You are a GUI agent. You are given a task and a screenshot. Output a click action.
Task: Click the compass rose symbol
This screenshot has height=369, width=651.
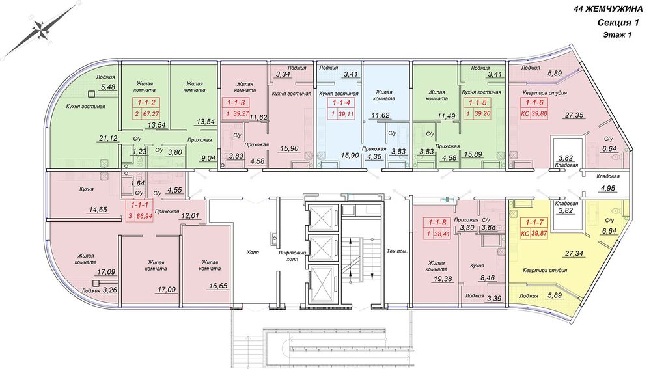tap(40, 30)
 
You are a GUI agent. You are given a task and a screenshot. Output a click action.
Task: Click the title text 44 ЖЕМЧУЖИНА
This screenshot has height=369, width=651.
tap(608, 9)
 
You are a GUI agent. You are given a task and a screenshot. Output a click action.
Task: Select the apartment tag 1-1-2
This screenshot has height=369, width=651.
tap(146, 108)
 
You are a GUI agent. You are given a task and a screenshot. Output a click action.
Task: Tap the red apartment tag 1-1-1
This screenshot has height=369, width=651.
tap(139, 210)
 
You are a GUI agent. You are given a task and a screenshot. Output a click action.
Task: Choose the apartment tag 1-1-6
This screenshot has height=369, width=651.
tap(534, 108)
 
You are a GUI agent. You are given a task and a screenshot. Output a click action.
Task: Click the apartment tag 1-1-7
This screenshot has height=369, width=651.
tap(534, 228)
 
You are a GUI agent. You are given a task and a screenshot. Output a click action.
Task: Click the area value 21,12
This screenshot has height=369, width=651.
tap(108, 139)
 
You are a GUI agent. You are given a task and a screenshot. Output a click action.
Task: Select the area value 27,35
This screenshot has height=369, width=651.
tap(574, 115)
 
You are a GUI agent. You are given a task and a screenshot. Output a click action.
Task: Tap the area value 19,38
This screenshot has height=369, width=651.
tap(443, 279)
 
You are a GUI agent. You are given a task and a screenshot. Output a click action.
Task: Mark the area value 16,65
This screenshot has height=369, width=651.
tap(217, 286)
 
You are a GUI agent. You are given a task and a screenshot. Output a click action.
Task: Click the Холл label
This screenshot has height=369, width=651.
tap(253, 253)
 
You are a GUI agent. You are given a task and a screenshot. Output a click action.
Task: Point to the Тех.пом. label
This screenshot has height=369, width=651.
tap(397, 251)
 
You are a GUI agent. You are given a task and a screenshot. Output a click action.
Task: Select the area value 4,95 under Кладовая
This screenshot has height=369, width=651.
tap(608, 189)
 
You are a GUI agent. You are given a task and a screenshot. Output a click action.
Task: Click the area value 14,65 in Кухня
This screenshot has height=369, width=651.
tap(98, 210)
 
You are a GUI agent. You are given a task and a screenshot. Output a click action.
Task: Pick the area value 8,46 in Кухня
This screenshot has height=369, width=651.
tap(488, 278)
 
